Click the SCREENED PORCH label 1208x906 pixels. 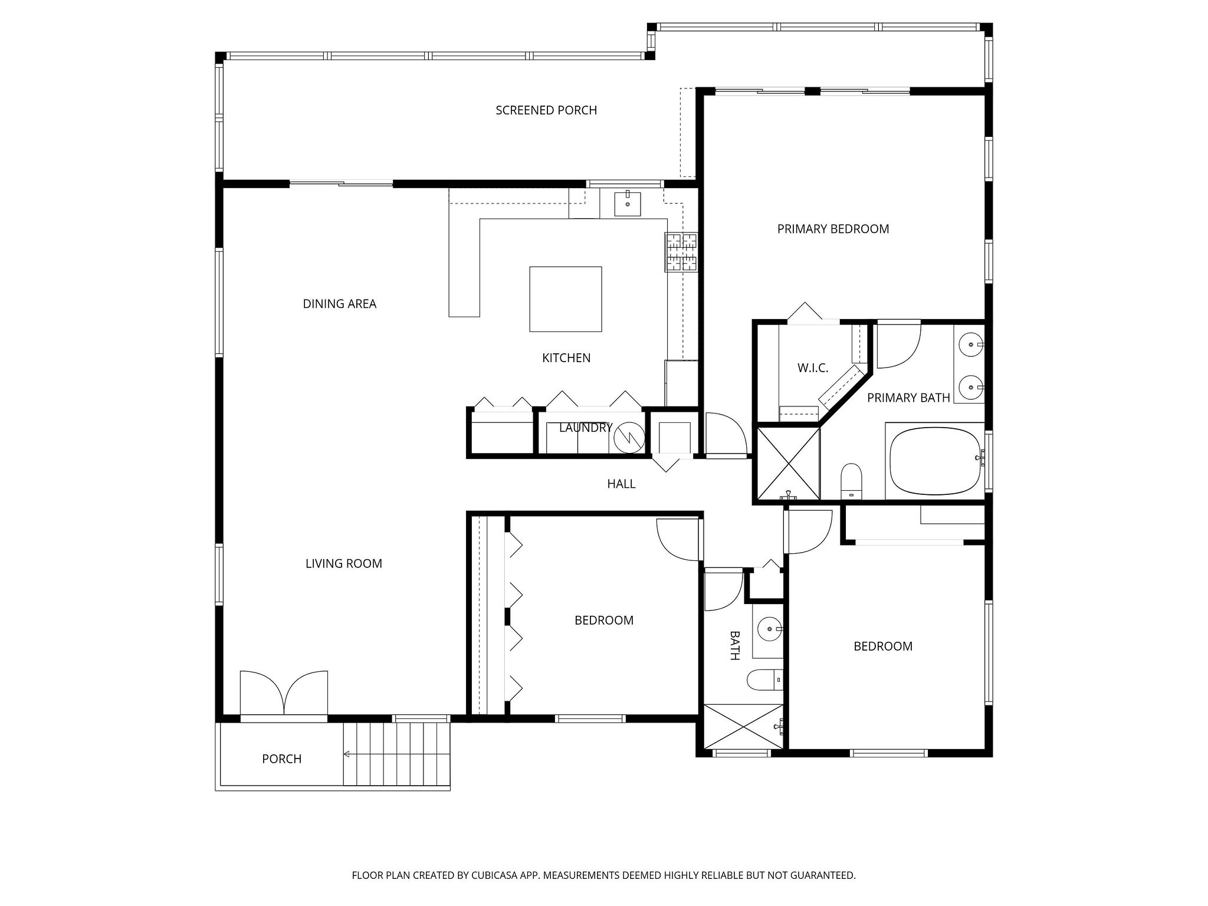[546, 110]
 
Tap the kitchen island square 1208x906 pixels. [565, 299]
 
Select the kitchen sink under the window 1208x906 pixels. [627, 203]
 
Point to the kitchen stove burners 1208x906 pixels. [681, 252]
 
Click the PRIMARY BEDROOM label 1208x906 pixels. [833, 229]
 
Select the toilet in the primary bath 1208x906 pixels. [852, 481]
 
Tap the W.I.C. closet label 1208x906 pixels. [813, 368]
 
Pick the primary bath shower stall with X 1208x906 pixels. [788, 464]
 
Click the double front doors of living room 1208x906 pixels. [284, 694]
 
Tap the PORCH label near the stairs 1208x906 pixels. [281, 759]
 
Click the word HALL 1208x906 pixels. [621, 484]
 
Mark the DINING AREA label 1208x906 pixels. [339, 304]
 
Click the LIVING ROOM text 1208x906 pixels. [343, 564]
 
